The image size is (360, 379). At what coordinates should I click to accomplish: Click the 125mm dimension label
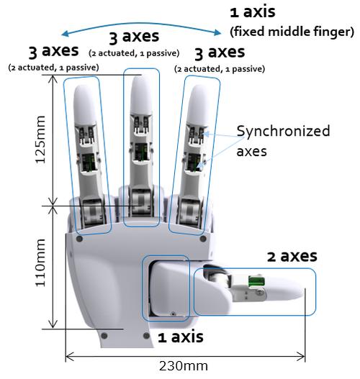[x=40, y=140]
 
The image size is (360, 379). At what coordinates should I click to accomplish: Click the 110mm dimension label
[x=40, y=262]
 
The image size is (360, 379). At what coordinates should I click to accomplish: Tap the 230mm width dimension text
[x=184, y=366]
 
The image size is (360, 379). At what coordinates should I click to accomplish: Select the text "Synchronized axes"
[x=283, y=141]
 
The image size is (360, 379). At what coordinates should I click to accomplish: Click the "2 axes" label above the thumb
[x=292, y=256]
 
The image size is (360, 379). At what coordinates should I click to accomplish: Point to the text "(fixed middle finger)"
[x=292, y=32]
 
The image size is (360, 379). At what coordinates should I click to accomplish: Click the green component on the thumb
[x=256, y=281]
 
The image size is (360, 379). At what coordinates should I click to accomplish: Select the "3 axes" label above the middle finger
[x=134, y=37]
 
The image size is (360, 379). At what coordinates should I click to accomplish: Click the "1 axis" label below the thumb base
[x=181, y=337]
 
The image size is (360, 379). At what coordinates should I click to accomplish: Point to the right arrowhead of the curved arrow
[x=217, y=32]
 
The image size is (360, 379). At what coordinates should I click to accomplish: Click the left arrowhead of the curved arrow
[x=65, y=34]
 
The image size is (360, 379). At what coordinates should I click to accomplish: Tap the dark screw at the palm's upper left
[x=79, y=239]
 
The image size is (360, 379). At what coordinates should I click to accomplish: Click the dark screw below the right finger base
[x=203, y=239]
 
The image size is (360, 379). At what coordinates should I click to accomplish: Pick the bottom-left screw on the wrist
[x=104, y=336]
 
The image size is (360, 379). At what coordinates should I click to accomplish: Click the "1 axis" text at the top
[x=253, y=12]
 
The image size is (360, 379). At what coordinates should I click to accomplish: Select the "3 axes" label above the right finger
[x=220, y=52]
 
